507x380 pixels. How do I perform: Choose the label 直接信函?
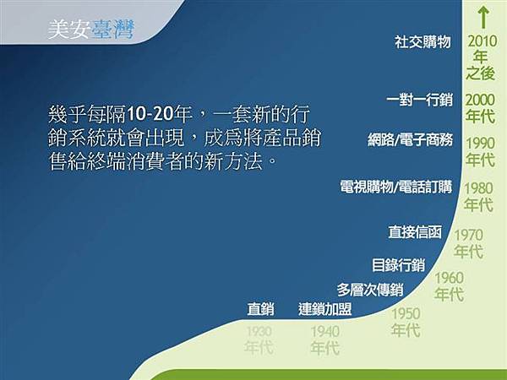(x=415, y=231)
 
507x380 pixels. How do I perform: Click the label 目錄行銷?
(x=398, y=264)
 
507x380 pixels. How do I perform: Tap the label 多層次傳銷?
(x=369, y=289)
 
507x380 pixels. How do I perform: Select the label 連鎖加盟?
(x=324, y=308)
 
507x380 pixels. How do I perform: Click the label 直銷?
(x=260, y=308)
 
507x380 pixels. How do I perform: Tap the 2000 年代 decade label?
(x=480, y=107)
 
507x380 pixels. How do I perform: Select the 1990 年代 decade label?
(x=480, y=150)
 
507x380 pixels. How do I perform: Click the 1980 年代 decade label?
(x=478, y=196)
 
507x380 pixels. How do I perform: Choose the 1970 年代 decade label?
(x=468, y=243)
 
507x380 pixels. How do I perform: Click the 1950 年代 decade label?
(x=406, y=322)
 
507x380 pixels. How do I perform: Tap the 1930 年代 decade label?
(x=259, y=339)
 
